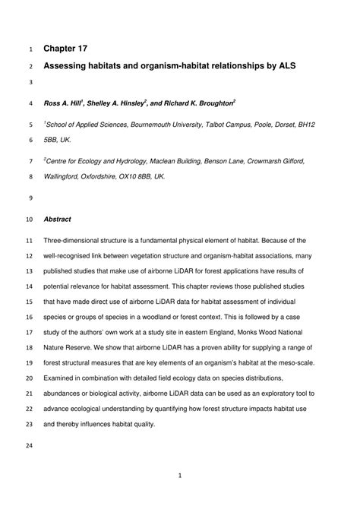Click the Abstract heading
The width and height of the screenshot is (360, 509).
click(58, 220)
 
